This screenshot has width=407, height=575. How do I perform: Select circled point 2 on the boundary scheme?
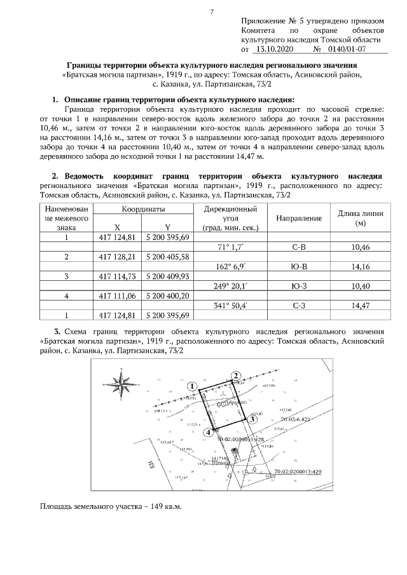236,375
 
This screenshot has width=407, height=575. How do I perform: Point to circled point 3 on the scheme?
252,419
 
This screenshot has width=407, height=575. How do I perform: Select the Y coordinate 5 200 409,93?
167,276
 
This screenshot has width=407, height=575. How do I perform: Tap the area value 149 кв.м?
162,506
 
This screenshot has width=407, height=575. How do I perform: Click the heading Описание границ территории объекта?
178,100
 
